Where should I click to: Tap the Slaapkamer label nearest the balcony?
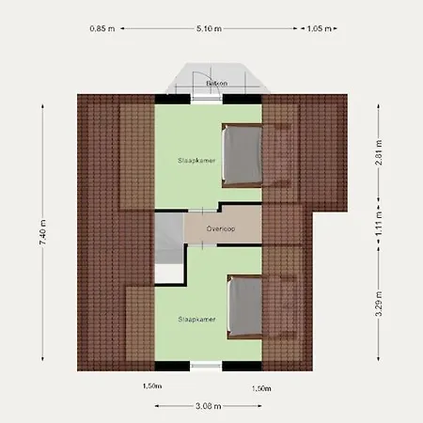point(194,161)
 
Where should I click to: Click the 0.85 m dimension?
point(103,28)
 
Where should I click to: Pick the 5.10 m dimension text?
point(211,28)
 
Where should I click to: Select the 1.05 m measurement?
point(320,28)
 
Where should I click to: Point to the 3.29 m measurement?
point(379,306)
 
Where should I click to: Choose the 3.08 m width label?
point(209,406)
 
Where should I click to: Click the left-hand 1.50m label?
point(152,386)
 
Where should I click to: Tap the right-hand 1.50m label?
point(261,387)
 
